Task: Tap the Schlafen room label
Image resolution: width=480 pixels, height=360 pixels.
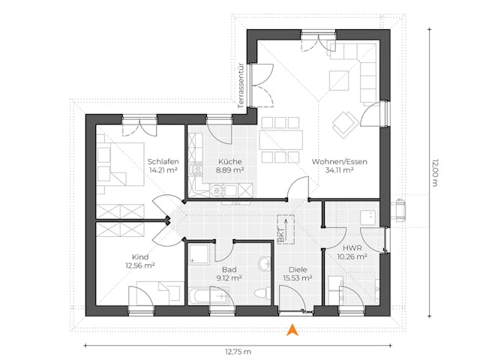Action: pyautogui.click(x=162, y=161)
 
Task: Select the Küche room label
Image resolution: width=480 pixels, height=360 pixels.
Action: pyautogui.click(x=230, y=161)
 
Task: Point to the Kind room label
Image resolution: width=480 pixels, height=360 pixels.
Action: pyautogui.click(x=140, y=256)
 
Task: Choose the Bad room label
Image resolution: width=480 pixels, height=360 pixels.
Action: pyautogui.click(x=230, y=269)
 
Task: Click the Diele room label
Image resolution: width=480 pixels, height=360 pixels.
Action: pyautogui.click(x=298, y=269)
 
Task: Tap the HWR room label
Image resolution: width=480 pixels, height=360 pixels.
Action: pyautogui.click(x=352, y=247)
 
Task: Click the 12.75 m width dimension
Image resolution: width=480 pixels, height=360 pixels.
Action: pyautogui.click(x=238, y=351)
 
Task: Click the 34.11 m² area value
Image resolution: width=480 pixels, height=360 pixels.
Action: pyautogui.click(x=340, y=170)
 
